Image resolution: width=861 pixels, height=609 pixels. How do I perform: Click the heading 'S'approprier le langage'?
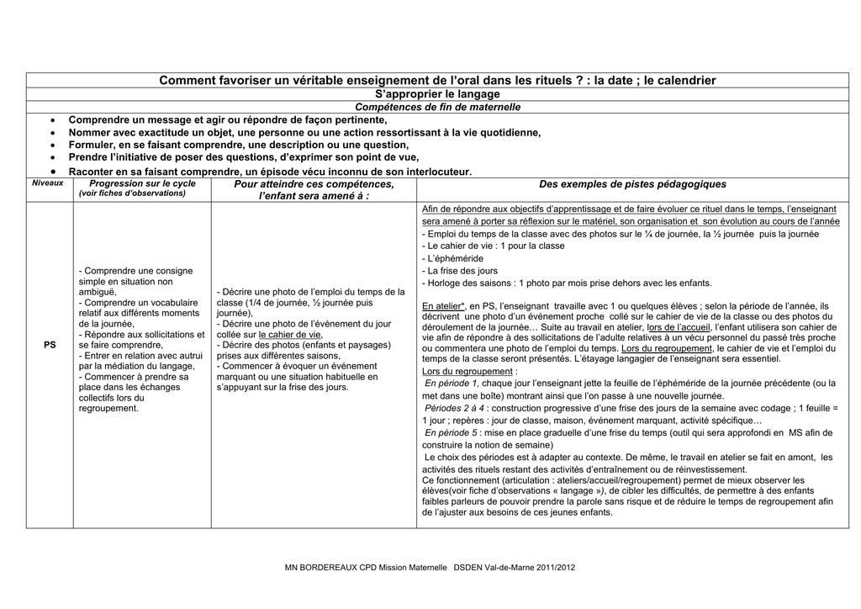coord(436,94)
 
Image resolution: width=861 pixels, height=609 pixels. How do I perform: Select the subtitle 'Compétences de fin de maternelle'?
coord(437,107)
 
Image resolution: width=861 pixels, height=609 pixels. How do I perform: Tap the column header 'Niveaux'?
coord(48,183)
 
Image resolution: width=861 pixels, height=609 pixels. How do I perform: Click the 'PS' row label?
coord(50,345)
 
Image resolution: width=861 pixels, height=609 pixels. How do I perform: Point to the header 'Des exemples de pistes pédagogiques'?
coord(632,184)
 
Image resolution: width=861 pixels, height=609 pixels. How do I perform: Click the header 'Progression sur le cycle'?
coord(142,183)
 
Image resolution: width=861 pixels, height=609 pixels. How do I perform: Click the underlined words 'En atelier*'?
coord(443,306)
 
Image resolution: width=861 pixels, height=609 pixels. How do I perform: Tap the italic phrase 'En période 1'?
coord(451,383)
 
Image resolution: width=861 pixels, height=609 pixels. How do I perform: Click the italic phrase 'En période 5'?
coord(451,432)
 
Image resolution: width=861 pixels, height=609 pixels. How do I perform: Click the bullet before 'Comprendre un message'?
coord(53,119)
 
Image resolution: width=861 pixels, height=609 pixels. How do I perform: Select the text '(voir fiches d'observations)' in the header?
coord(132,193)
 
